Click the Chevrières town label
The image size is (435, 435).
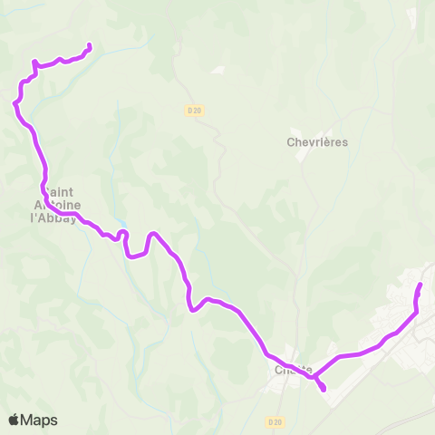317,142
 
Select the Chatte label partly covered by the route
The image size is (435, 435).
293,370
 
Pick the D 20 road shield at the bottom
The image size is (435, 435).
275,421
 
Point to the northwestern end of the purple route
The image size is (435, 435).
90,46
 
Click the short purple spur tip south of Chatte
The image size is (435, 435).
324,391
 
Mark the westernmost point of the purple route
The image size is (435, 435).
14,103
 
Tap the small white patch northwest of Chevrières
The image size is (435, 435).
217,71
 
